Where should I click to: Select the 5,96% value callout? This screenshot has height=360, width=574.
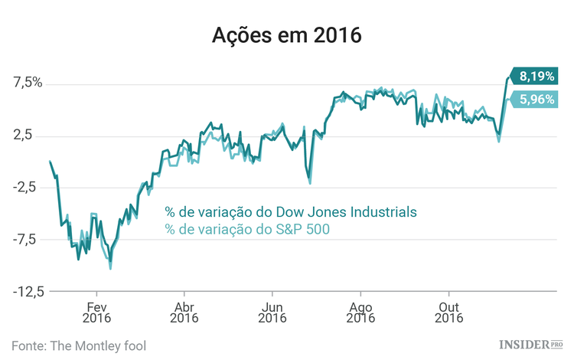tap(536, 99)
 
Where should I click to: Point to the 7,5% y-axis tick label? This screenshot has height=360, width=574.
tap(26, 83)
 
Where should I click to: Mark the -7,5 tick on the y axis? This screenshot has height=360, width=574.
tap(28, 239)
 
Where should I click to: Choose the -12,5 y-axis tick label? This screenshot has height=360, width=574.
tap(25, 291)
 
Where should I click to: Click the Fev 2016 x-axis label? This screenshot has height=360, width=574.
tap(96, 309)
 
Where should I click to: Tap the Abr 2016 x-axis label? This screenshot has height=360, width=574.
tap(184, 309)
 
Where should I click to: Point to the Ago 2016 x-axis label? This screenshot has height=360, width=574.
tap(360, 309)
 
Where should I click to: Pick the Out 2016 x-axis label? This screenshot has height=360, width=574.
tap(448, 309)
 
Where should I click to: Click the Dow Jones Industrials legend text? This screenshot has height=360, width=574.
tap(291, 211)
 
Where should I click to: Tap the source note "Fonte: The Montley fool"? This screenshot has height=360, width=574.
tap(79, 345)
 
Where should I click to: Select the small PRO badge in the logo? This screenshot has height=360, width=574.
tap(556, 345)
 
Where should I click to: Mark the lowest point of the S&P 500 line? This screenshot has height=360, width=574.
tap(111, 268)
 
